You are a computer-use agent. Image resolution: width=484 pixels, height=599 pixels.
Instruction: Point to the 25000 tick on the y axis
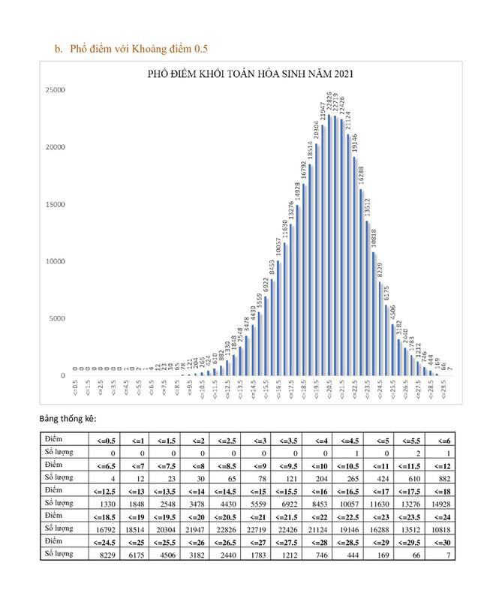point(56,91)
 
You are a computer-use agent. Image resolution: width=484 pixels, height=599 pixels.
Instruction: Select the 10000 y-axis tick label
point(56,262)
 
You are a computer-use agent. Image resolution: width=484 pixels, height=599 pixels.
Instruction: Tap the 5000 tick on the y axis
point(58,319)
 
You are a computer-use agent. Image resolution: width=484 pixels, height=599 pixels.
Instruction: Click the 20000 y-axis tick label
point(56,148)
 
